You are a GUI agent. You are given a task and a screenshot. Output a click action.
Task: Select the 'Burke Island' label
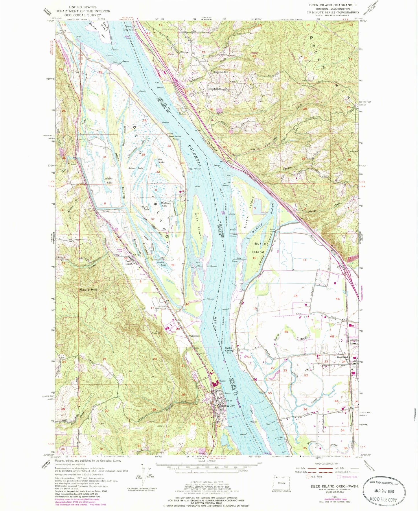(x=259, y=248)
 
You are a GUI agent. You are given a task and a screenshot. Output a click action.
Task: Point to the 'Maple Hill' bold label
(x=88, y=289)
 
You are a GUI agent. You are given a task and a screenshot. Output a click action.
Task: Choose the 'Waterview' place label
(x=194, y=336)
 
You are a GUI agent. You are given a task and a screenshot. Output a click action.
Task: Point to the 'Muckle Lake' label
(x=161, y=264)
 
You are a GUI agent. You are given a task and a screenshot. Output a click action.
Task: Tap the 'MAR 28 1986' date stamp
(x=384, y=491)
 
